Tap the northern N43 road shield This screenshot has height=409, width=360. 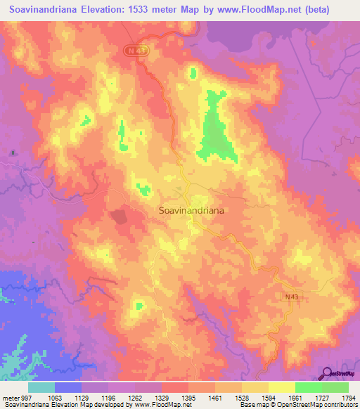(135, 50)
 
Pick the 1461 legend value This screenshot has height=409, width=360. (205, 398)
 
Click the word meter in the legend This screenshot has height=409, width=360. (9, 398)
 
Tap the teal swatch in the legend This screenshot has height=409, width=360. (41, 387)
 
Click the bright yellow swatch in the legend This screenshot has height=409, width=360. (282, 387)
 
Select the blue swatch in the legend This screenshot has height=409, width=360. (68, 387)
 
